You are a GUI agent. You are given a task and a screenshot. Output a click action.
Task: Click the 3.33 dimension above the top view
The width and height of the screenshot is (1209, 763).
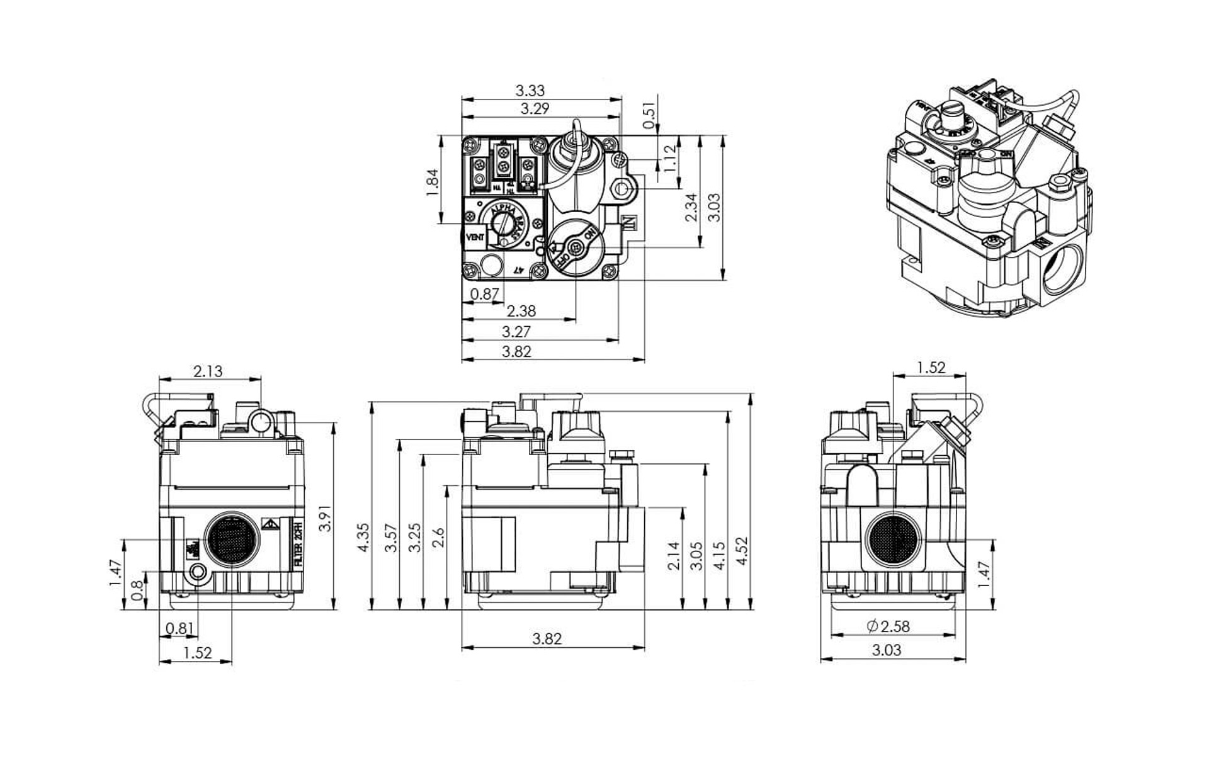point(530,91)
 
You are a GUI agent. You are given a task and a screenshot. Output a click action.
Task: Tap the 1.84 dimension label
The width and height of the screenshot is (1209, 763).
point(432,183)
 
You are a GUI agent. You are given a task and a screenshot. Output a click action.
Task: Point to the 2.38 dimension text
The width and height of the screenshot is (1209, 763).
point(521,311)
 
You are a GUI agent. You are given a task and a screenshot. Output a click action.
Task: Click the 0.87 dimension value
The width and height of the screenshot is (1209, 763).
point(484,294)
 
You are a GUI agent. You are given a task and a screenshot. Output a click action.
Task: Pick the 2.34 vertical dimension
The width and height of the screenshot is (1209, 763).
point(691,207)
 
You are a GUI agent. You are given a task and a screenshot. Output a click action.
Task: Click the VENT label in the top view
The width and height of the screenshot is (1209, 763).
point(475,237)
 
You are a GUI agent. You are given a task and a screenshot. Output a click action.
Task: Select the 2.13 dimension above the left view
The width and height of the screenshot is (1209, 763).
point(208,371)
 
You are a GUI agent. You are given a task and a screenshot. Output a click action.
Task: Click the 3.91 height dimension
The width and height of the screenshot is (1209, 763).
point(325,519)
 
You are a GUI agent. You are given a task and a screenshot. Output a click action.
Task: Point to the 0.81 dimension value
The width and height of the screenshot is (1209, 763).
point(179,628)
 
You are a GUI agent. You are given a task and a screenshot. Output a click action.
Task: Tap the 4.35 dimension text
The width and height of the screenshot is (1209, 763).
point(364,538)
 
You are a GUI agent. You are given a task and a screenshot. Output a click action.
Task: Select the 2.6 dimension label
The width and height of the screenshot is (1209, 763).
point(439,538)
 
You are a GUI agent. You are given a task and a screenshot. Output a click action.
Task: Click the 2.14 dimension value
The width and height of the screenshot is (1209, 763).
point(674,555)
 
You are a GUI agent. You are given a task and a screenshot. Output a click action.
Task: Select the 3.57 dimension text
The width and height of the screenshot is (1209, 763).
point(392,538)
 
